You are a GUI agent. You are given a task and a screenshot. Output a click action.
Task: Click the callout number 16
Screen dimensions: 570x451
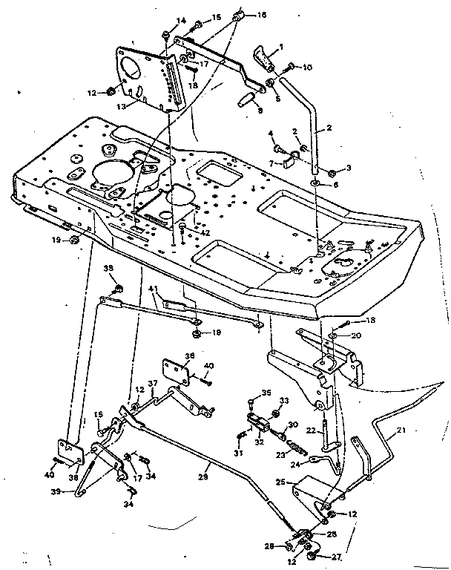tap(260, 15)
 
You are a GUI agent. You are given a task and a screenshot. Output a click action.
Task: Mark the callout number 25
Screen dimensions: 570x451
tap(281, 482)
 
